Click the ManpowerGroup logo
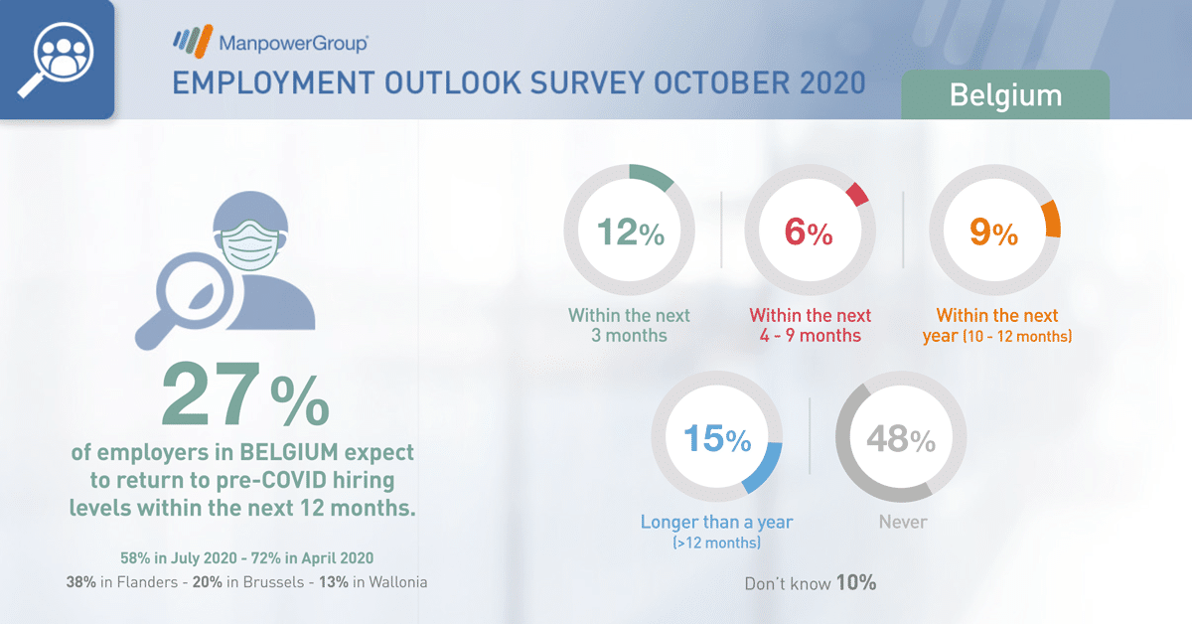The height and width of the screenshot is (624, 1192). point(270,41)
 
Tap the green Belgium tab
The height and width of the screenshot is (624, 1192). point(1005,94)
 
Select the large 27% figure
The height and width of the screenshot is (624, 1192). point(245,394)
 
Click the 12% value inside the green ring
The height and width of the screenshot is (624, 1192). point(631,233)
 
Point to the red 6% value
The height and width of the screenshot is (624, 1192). point(809,233)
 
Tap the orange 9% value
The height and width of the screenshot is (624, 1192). point(993,233)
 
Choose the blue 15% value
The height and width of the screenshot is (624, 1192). point(717,439)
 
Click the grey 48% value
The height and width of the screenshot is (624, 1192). point(901,439)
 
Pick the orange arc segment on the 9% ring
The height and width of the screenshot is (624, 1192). point(1052,219)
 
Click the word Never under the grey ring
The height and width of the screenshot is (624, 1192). point(903,522)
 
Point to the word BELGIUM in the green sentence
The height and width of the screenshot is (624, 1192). point(289,452)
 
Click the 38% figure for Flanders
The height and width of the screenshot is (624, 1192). point(80,582)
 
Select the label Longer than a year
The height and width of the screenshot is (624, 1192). point(716,522)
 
